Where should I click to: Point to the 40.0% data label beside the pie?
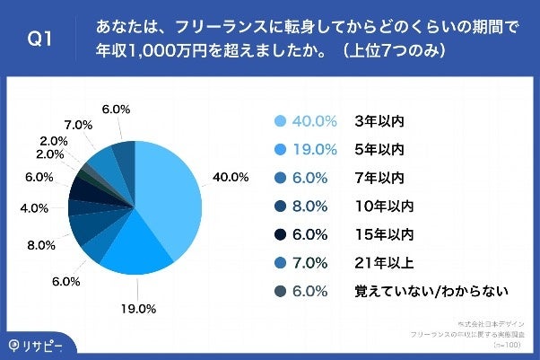coord(231,176)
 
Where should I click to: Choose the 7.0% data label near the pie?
coord(77,123)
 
